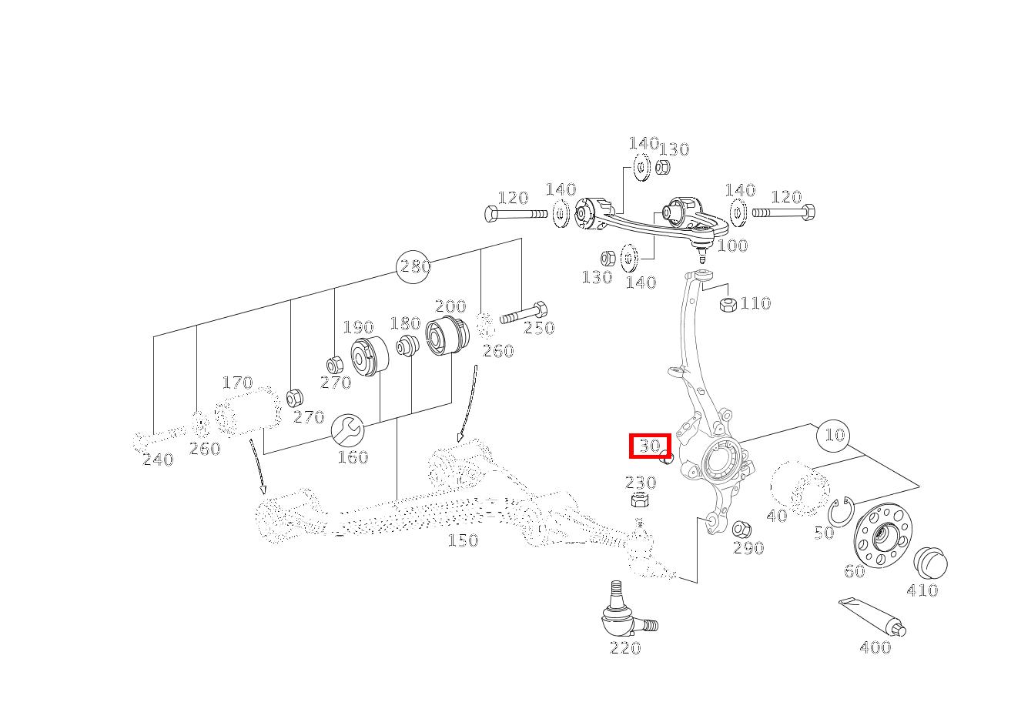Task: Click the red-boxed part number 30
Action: click(650, 446)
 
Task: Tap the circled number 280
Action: click(413, 267)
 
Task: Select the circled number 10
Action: click(834, 436)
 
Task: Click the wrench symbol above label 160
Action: click(347, 430)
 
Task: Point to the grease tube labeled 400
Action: click(872, 617)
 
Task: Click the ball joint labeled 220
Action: click(626, 611)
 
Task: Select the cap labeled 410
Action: click(930, 563)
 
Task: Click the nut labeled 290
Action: click(741, 529)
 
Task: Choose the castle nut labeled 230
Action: click(641, 499)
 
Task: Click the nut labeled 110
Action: click(728, 304)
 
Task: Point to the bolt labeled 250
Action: click(524, 313)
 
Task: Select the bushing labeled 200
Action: click(447, 336)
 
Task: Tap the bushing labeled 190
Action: click(369, 356)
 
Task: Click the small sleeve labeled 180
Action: click(407, 346)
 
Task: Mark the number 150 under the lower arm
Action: click(463, 540)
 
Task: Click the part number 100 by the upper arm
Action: click(732, 246)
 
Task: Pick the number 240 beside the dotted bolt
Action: click(158, 460)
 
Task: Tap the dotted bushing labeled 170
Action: click(248, 410)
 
